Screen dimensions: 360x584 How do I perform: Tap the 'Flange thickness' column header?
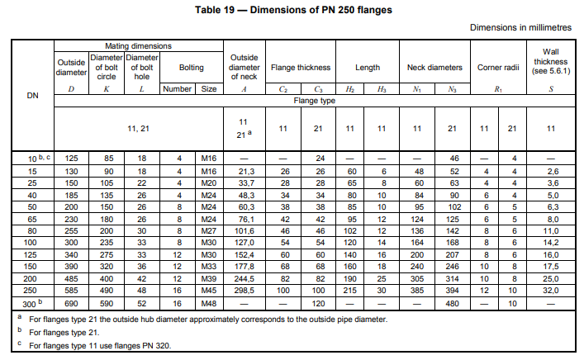(301, 67)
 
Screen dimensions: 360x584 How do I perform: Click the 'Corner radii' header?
(496, 67)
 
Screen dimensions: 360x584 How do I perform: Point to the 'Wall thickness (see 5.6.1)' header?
(550, 61)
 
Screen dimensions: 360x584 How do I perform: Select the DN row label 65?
(32, 219)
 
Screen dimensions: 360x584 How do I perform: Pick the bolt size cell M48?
(209, 304)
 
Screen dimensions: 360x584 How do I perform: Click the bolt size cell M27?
(209, 233)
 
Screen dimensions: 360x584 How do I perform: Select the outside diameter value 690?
(71, 304)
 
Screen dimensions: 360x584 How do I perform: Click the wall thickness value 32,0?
(550, 290)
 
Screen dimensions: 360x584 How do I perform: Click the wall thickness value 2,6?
(550, 169)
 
